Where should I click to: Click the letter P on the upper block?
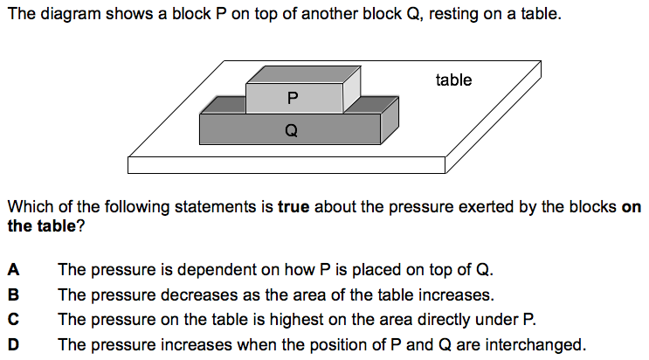[x=292, y=99]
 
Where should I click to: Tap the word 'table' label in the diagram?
[x=453, y=80]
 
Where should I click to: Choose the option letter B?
[x=14, y=294]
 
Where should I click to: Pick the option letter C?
[x=14, y=320]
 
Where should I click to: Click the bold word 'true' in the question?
[x=294, y=208]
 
